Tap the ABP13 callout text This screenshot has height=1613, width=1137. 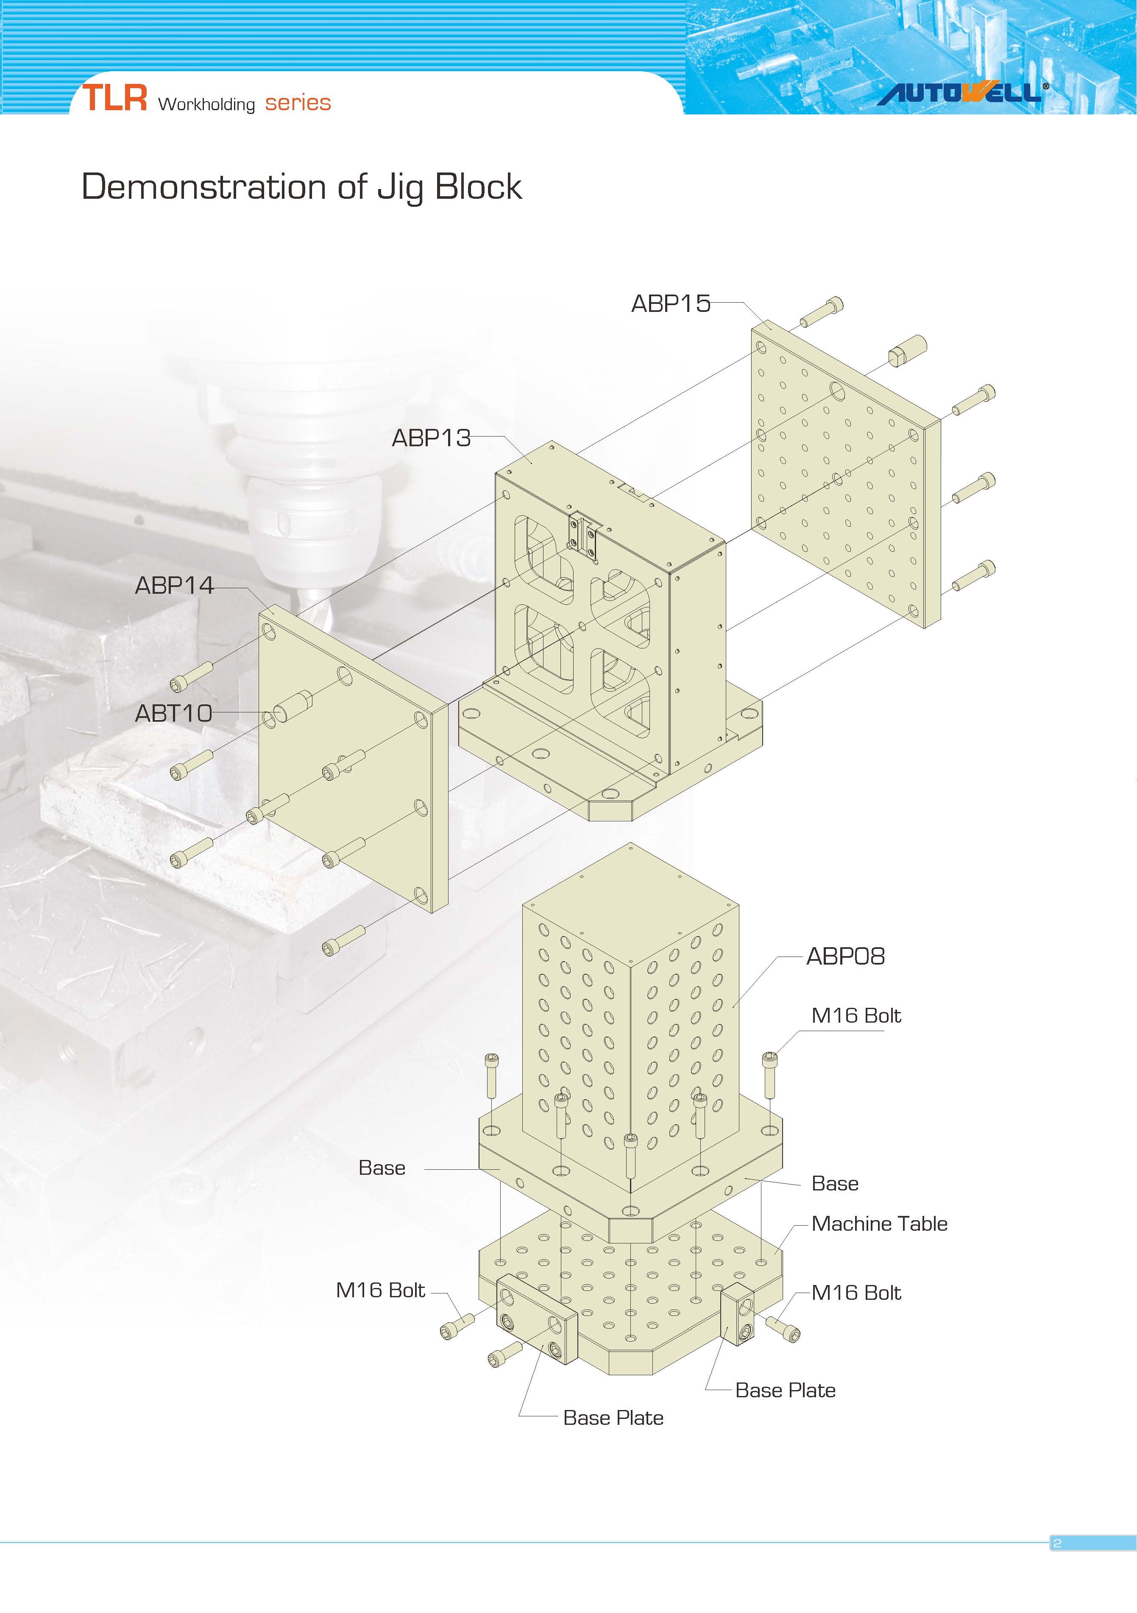[431, 438]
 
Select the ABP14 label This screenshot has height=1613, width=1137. [174, 585]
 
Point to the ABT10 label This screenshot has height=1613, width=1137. [173, 713]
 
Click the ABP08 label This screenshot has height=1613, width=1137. [845, 956]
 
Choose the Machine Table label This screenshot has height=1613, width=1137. [879, 1224]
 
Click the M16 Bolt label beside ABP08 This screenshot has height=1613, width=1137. [856, 1016]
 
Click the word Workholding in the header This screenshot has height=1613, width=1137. [206, 104]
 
